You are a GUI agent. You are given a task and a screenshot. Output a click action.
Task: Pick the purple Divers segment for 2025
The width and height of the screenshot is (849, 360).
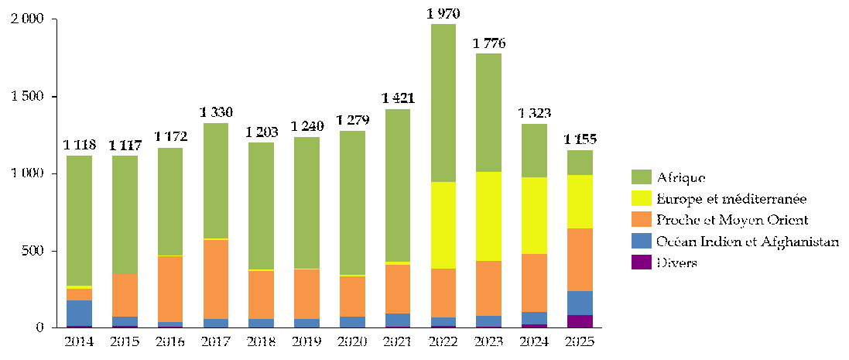click(x=580, y=321)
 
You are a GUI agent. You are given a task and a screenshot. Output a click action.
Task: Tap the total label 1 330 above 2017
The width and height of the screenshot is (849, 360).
click(x=216, y=112)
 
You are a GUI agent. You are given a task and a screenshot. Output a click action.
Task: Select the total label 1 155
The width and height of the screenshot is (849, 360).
click(x=580, y=139)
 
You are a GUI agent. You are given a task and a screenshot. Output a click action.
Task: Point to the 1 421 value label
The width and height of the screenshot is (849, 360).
click(x=398, y=98)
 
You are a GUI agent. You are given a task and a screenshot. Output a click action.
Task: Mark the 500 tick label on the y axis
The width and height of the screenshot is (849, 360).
click(x=33, y=251)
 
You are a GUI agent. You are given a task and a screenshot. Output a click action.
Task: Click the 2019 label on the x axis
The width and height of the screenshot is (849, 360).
click(x=306, y=341)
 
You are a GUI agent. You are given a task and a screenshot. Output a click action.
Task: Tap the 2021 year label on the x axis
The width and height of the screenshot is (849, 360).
click(x=398, y=341)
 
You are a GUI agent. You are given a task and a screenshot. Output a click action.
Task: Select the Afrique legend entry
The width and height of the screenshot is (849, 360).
click(x=681, y=177)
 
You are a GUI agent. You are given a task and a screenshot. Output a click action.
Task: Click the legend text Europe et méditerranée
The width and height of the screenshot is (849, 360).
click(x=731, y=199)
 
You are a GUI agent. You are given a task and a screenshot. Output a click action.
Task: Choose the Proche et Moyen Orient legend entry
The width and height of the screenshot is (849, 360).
click(x=732, y=221)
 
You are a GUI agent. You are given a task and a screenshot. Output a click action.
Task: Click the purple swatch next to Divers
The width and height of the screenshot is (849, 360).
click(x=641, y=263)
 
